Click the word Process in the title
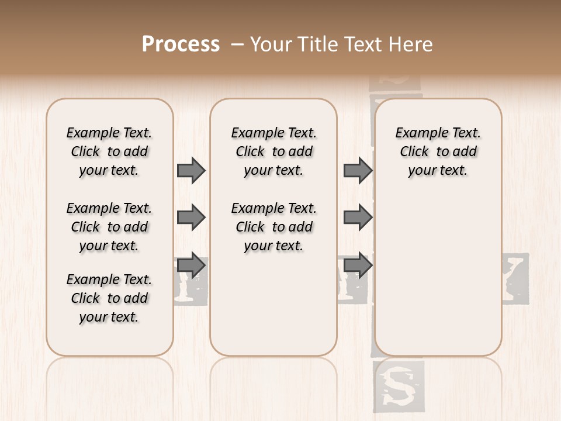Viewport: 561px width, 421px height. (181, 44)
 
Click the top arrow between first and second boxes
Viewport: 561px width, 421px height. (191, 170)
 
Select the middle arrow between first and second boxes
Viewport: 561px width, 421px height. (191, 218)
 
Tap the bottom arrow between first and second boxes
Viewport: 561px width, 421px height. (191, 265)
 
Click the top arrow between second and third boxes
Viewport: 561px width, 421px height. (358, 170)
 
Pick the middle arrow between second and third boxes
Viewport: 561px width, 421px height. (358, 218)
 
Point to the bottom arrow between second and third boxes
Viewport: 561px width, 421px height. (358, 265)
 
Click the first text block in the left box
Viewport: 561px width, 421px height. (109, 151)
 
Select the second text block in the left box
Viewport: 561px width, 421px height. (109, 227)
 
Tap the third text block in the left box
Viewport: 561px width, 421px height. (109, 298)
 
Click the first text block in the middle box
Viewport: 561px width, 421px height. (274, 151)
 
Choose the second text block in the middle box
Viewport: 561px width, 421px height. (274, 227)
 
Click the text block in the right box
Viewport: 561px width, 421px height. (438, 151)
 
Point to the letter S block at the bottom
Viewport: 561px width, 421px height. (399, 385)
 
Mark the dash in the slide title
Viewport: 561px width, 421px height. (237, 44)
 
